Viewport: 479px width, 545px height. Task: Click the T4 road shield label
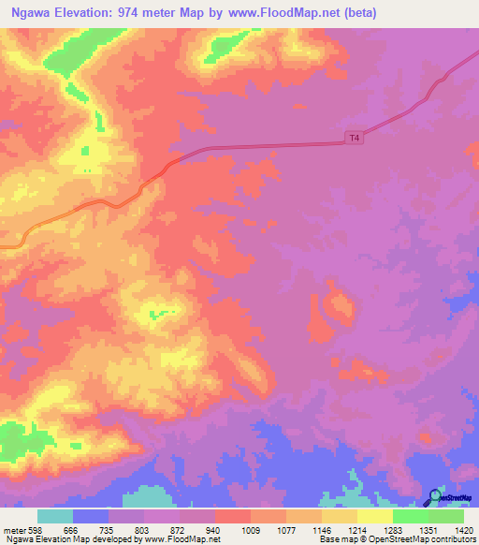(x=354, y=138)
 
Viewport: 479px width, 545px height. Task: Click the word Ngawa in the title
(x=29, y=13)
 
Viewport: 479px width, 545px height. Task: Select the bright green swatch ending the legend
(x=445, y=517)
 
